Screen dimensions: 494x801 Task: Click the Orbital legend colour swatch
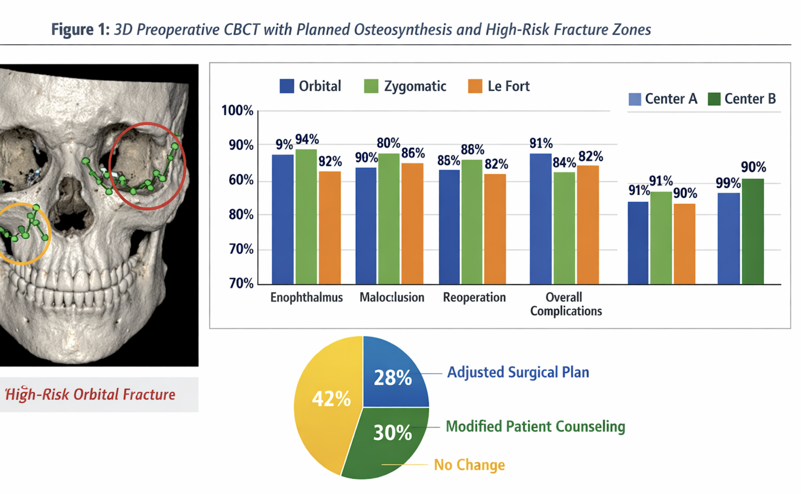287,86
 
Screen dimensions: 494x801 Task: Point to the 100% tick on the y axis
237,111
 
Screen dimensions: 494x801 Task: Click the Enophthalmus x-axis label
306,297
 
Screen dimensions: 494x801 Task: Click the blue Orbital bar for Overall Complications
540,219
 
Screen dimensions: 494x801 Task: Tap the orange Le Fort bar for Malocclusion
412,223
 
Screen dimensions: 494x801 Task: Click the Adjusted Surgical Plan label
518,372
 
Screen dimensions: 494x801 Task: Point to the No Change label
469,465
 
